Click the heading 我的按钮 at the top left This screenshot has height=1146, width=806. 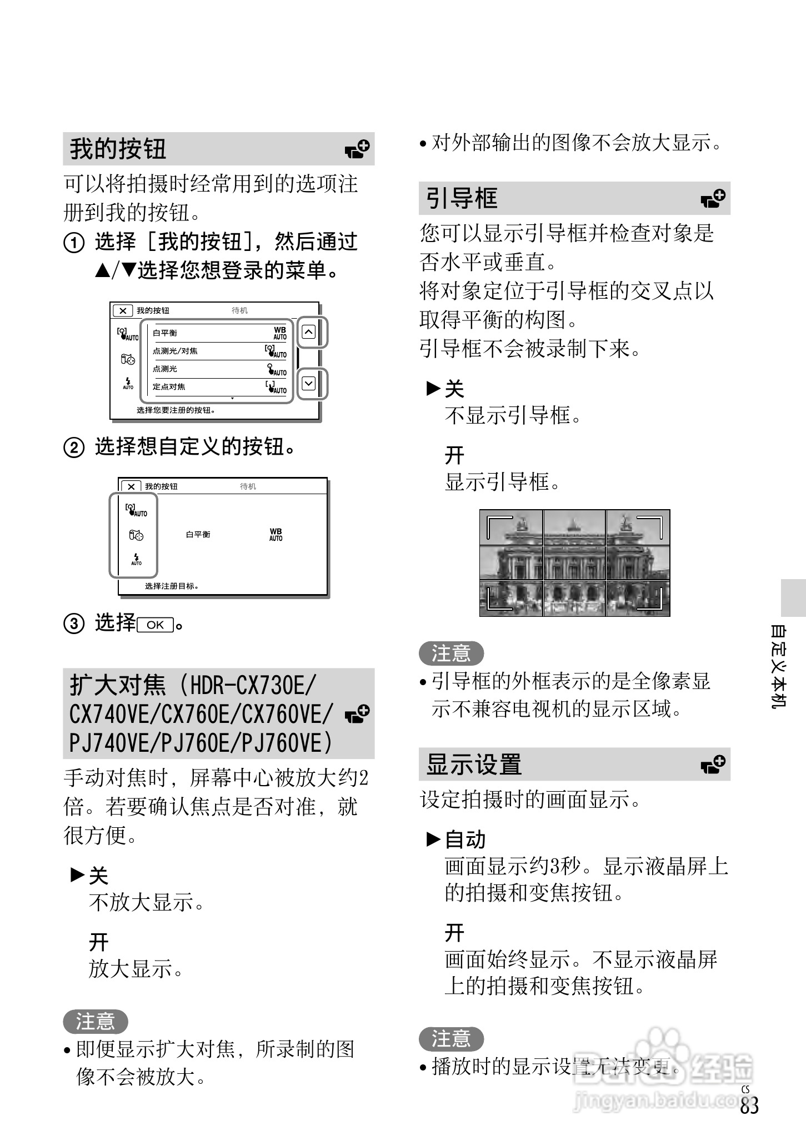(118, 149)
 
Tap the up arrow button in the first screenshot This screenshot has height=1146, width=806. (309, 332)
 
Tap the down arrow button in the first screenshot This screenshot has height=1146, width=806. (309, 383)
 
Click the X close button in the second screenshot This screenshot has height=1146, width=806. (131, 486)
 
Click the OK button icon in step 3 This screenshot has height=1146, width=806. (156, 625)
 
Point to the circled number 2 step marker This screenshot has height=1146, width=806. (74, 448)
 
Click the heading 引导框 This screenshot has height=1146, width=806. (461, 198)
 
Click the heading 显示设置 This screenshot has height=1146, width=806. (474, 764)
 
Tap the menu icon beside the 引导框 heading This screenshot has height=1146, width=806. (713, 198)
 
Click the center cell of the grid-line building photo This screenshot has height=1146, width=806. (574, 563)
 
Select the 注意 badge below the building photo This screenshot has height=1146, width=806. (451, 653)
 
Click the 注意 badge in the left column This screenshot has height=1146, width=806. (95, 1021)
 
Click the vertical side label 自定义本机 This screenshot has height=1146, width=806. (778, 666)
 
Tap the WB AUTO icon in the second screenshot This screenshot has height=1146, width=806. (276, 534)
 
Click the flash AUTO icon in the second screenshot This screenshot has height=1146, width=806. (136, 559)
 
